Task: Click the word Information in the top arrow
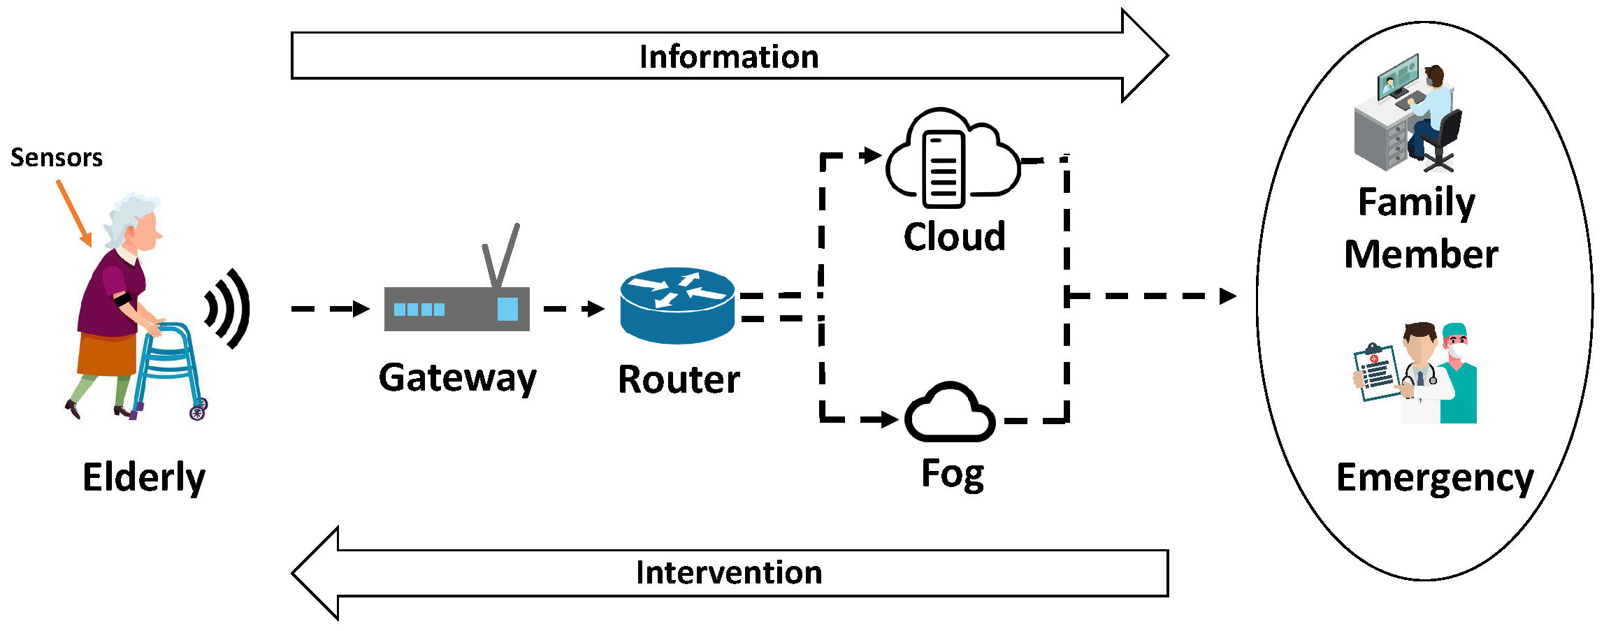pos(728,57)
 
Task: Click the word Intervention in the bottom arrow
pos(728,572)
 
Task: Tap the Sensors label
pos(56,158)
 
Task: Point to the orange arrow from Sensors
pos(74,213)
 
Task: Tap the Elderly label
pos(143,477)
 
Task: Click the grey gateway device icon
pos(456,309)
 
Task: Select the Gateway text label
pos(458,378)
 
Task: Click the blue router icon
pos(677,305)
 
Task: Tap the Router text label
pos(679,379)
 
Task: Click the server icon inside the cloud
pos(944,170)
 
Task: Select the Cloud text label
pos(954,237)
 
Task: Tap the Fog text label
pos(953,474)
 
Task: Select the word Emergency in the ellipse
pos(1434,478)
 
